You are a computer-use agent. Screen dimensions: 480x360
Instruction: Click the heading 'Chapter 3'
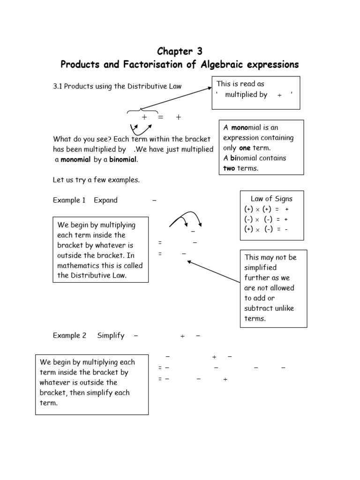[x=180, y=51]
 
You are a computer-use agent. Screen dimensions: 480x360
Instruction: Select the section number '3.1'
[x=58, y=86]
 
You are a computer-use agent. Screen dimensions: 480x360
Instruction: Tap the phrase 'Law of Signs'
[x=271, y=199]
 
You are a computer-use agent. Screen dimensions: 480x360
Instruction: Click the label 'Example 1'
[x=69, y=200]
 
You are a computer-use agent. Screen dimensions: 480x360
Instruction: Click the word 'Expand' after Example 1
[x=105, y=200]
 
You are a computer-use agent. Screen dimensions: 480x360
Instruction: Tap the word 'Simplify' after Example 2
[x=111, y=336]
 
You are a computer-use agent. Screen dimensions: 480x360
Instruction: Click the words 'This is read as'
[x=240, y=84]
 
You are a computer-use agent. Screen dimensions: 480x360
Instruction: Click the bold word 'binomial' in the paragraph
[x=123, y=159]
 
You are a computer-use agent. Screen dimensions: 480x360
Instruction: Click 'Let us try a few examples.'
[x=97, y=180]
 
